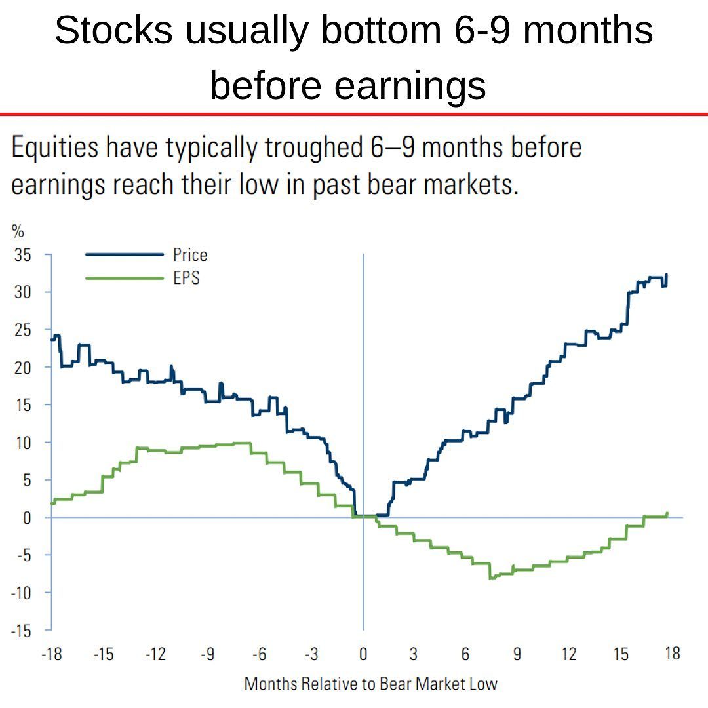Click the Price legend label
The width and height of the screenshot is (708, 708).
click(190, 254)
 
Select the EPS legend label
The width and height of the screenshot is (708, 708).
click(186, 277)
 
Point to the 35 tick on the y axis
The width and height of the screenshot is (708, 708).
click(22, 254)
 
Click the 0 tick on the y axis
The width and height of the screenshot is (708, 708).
click(27, 517)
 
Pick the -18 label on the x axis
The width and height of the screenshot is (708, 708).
click(51, 654)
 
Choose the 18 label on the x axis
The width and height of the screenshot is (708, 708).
click(673, 654)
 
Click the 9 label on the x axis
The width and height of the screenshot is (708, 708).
click(517, 654)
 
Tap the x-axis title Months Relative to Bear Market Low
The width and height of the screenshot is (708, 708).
click(370, 684)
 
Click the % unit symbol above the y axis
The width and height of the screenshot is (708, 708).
click(17, 231)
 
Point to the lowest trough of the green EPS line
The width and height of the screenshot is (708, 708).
click(490, 578)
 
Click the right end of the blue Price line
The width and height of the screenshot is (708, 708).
click(667, 275)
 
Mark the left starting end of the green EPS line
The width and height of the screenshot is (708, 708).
click(52, 503)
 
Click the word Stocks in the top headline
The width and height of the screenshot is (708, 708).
click(114, 30)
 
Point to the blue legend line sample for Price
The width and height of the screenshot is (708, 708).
click(124, 254)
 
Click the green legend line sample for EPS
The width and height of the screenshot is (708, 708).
click(124, 277)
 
